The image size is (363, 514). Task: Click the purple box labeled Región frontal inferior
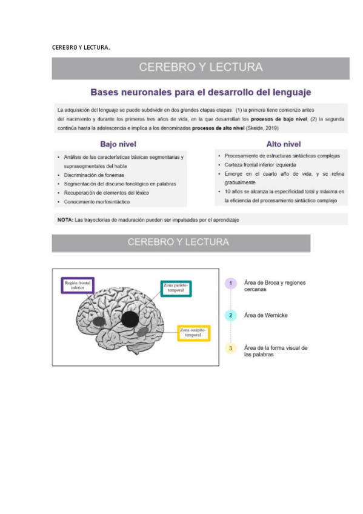77,285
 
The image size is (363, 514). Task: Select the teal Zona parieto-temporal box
176,288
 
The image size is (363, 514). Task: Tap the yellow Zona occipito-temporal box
193,333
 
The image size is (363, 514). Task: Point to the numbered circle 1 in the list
230,284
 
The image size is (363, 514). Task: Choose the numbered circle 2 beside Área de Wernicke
230,316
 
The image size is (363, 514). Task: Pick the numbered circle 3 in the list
230,349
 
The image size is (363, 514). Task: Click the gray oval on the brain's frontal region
97,321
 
